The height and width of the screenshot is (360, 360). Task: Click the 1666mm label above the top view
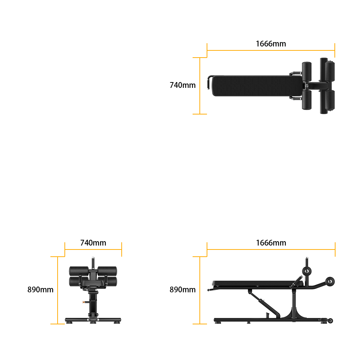(271, 44)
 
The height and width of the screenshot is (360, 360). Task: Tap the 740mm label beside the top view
(183, 85)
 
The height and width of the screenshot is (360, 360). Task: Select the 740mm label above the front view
(93, 243)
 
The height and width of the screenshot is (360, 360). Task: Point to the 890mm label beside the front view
(40, 290)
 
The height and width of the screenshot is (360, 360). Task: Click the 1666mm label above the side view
(271, 243)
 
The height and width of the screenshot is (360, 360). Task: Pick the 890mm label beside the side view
(183, 290)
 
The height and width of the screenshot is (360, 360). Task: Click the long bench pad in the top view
(257, 86)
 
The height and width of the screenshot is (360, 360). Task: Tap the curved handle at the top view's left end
(209, 82)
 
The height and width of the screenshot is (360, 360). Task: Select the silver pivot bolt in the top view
(307, 86)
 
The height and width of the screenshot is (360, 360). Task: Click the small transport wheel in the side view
(330, 321)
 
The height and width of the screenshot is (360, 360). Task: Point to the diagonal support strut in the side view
(264, 303)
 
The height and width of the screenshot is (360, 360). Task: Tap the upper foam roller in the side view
(307, 271)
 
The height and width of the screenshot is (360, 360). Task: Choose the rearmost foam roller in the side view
(330, 282)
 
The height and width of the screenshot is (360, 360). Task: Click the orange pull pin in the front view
(84, 302)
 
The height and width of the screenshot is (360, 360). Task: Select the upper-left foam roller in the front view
(79, 271)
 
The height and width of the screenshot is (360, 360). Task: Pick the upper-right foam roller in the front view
(107, 271)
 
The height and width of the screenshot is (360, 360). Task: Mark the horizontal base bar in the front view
(93, 320)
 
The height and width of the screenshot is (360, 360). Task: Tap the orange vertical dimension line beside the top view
(200, 86)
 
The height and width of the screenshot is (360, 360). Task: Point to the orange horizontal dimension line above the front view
(93, 249)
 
